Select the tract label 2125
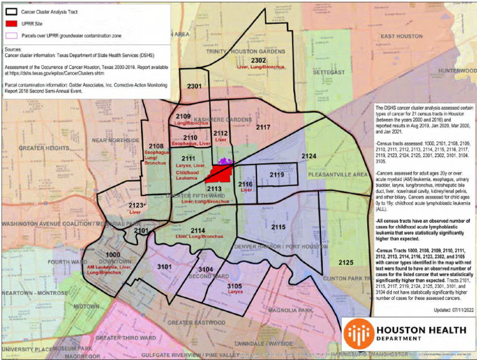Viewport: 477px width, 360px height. click(x=347, y=263)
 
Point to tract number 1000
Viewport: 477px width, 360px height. click(x=112, y=255)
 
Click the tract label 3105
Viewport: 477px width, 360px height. click(x=234, y=286)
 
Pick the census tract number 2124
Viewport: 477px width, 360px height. click(x=309, y=155)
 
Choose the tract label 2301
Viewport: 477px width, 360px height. click(x=194, y=86)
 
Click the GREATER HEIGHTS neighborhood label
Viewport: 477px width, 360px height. click(x=43, y=148)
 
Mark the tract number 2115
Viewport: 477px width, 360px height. click(x=278, y=228)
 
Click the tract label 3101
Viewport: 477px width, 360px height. click(x=164, y=266)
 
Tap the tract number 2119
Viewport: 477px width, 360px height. click(x=277, y=175)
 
